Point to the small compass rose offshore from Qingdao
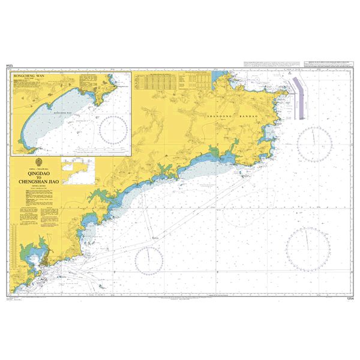(149, 260)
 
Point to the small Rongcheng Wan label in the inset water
(62, 112)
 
